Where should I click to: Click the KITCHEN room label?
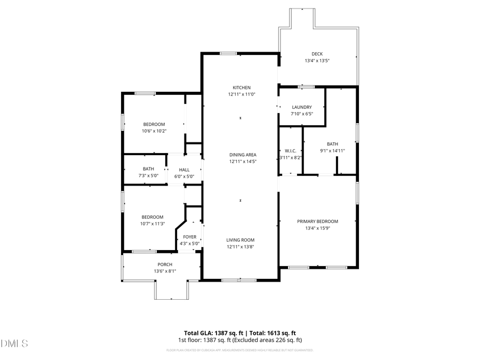(241, 87)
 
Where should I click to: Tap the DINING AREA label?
(243, 155)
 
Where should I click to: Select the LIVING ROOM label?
(241, 240)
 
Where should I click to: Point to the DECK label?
(317, 54)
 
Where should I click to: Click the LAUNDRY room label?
(301, 107)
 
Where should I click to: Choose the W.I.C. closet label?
(291, 151)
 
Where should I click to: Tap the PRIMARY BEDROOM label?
(317, 221)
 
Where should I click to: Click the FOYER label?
(189, 237)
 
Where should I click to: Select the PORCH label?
(165, 265)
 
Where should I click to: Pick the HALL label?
(184, 170)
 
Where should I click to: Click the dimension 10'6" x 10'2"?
(154, 131)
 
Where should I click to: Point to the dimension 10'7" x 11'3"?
(153, 223)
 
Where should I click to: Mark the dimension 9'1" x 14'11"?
(332, 150)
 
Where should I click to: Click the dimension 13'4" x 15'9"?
(317, 228)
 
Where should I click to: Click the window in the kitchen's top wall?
(229, 53)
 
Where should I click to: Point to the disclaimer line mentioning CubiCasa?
(240, 350)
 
